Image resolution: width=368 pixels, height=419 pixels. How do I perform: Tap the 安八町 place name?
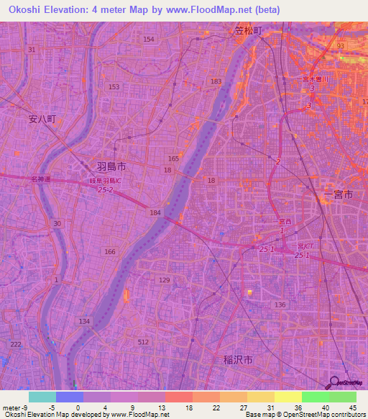tap(42, 120)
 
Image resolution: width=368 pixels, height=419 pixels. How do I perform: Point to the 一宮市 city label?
tap(338, 195)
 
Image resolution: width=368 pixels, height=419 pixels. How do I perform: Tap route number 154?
tap(149, 39)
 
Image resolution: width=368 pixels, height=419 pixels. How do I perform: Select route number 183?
tap(216, 81)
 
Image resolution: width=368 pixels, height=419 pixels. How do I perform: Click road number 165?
tap(173, 158)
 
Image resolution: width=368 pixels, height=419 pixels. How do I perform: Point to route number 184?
tap(155, 212)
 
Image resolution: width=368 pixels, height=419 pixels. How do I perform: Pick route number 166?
tap(110, 251)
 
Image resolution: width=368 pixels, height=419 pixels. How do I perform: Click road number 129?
tap(165, 279)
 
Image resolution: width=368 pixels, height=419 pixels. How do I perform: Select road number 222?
tap(16, 345)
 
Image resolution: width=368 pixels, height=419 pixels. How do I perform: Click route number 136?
tap(280, 305)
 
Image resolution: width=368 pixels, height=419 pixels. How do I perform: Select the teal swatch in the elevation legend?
tap(42, 397)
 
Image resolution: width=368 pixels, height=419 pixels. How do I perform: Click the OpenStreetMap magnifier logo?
tap(333, 382)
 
